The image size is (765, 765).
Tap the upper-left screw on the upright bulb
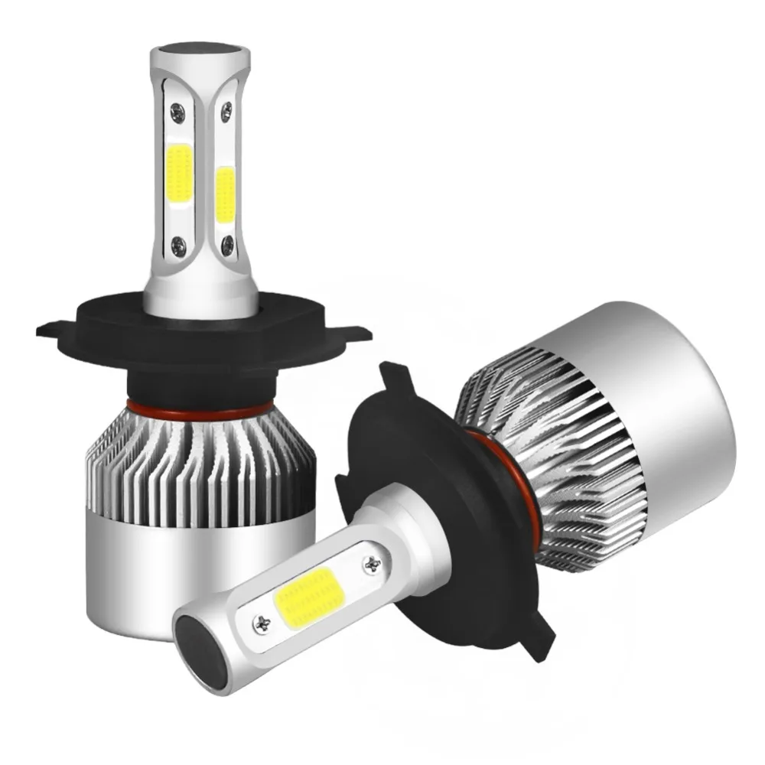(177, 112)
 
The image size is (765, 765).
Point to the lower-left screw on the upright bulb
(178, 245)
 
